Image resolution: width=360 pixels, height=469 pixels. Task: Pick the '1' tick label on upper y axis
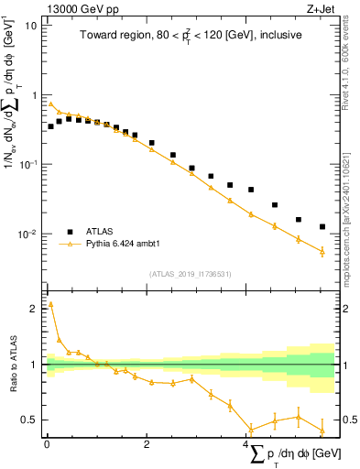35,95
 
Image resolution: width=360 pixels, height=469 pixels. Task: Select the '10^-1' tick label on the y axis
28,164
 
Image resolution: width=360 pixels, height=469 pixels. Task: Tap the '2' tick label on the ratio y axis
35,310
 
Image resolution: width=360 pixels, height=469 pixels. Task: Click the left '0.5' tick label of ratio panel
29,420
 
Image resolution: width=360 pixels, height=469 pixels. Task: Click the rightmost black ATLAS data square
322,226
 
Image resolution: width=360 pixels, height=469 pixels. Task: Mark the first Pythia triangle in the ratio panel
50,304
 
